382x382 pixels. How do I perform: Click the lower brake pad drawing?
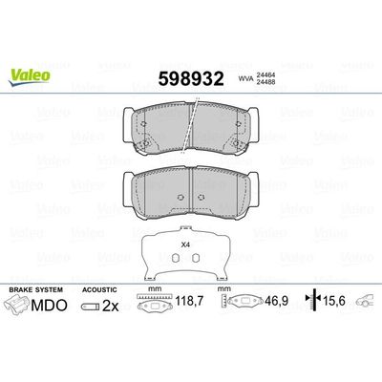click(191, 188)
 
